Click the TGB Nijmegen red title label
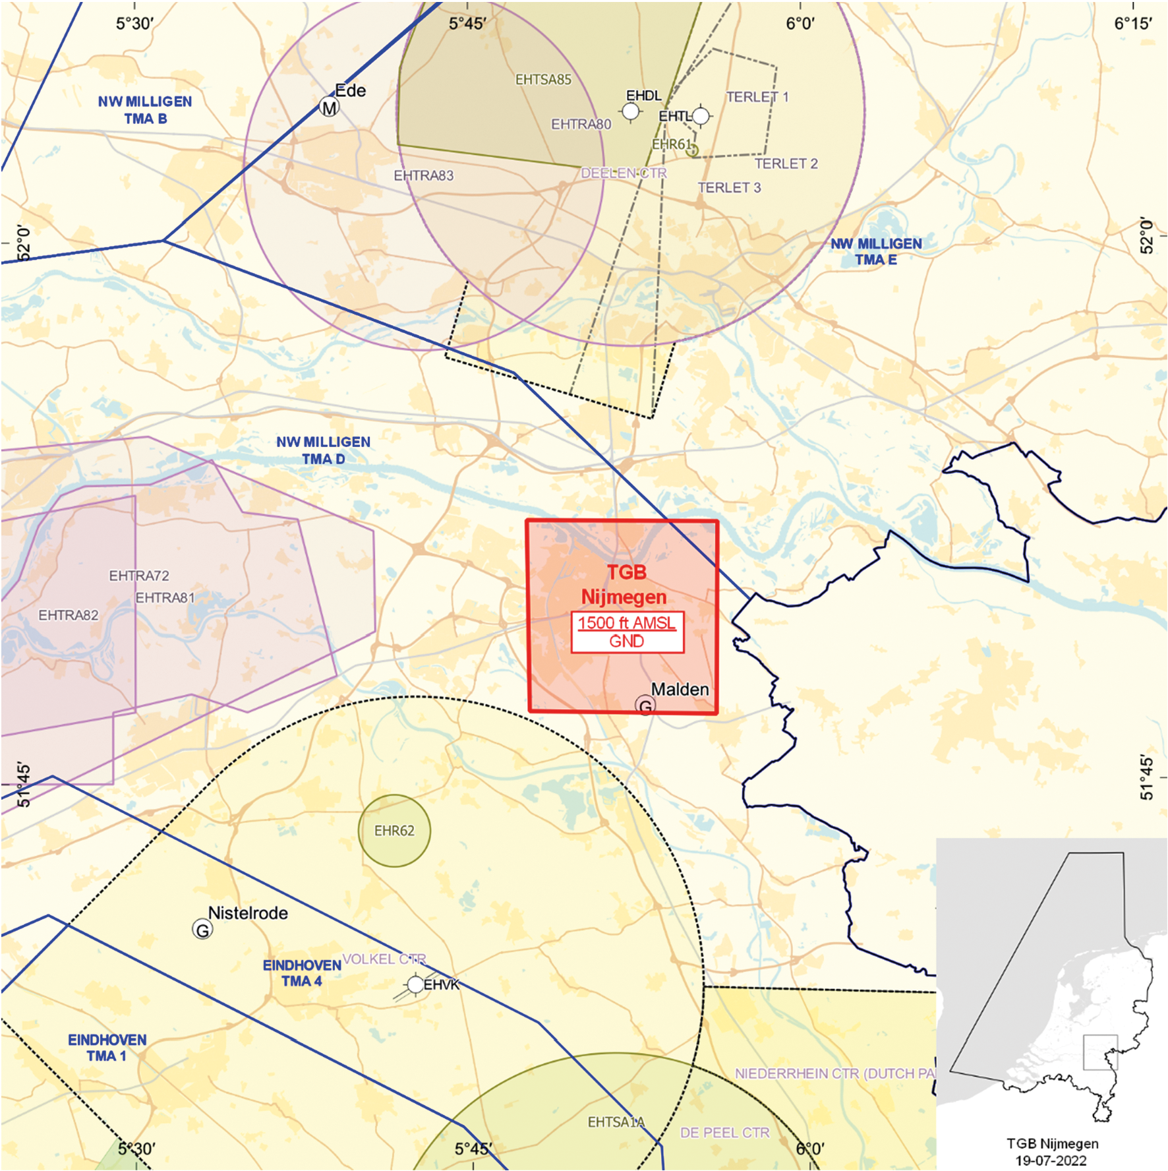coord(624,584)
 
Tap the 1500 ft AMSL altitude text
coord(626,622)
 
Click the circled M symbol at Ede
coord(329,107)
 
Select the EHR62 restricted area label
coord(394,831)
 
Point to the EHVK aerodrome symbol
coord(415,984)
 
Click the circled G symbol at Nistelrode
coord(202,930)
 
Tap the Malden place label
coord(680,689)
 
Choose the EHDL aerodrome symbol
coord(631,111)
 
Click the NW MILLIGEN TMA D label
coord(323,450)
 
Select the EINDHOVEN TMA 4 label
coord(302,973)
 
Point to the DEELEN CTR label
coord(624,173)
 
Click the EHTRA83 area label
coord(424,175)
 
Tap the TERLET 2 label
coord(786,164)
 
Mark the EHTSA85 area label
coord(543,80)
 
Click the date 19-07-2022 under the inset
coord(1051,1160)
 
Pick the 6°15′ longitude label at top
coord(1132,24)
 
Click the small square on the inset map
coord(1100,1052)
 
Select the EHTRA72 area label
coord(139,576)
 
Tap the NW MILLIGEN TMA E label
coord(876,252)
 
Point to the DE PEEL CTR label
coord(724,1133)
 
